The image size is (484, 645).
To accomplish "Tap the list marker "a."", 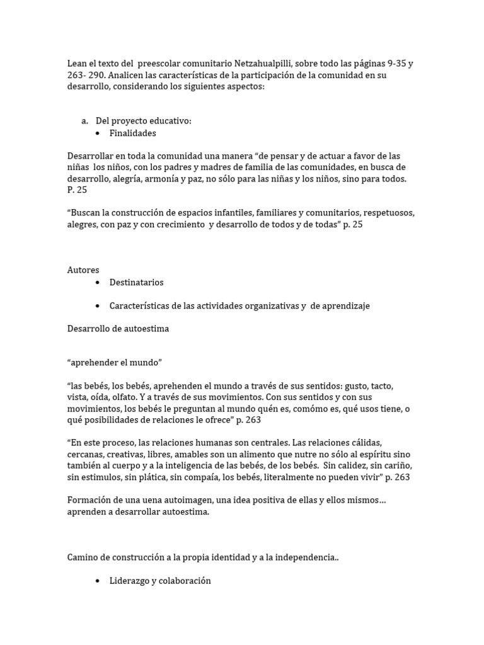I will [x=84, y=121].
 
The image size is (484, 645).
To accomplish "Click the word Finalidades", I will [x=132, y=133].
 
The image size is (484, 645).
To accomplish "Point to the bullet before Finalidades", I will [x=98, y=134].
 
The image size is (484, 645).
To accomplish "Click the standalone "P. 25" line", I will [x=77, y=190].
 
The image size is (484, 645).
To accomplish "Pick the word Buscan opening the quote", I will [x=86, y=213].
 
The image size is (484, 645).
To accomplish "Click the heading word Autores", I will [x=83, y=270].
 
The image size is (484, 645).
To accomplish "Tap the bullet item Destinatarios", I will [x=136, y=282].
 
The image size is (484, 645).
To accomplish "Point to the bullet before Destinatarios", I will [x=98, y=283].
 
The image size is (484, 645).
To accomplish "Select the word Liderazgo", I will [x=130, y=581].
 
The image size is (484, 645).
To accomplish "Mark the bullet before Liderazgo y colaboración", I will [x=98, y=581].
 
